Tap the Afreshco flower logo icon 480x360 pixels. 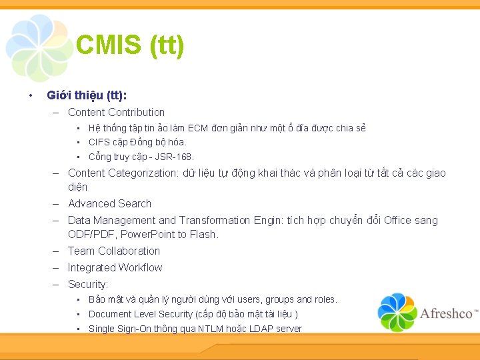coord(397,312)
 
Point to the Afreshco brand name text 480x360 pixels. coord(447,313)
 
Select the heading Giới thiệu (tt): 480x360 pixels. coord(87,95)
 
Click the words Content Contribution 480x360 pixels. coord(116,112)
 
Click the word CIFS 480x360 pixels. coord(99,142)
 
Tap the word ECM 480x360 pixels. coord(198,127)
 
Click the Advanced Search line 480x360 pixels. coord(109,203)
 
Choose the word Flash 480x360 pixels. coord(205,234)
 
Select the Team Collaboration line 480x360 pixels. coord(114,251)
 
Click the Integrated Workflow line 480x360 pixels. coord(115,267)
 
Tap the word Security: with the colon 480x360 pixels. coord(88,284)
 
